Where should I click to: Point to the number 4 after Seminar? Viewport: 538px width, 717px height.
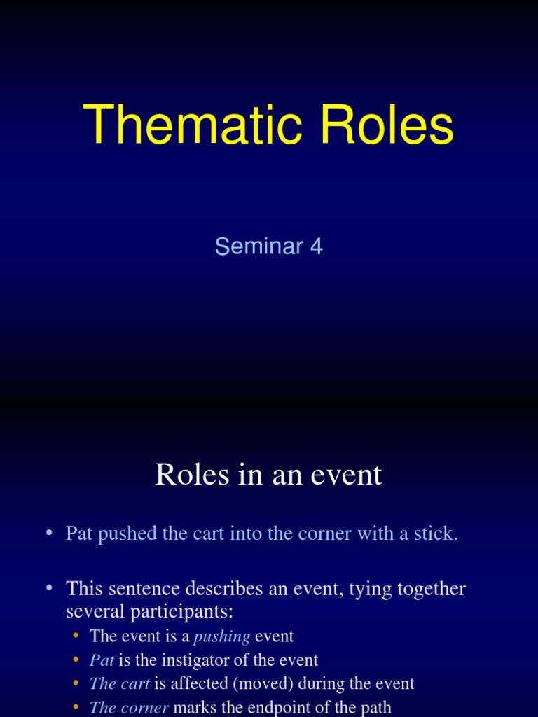316,246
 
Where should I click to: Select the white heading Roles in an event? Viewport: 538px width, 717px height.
268,475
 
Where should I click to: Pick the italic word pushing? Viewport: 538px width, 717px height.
221,636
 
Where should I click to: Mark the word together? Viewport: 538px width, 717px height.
432,589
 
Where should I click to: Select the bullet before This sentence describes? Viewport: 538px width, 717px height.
49,589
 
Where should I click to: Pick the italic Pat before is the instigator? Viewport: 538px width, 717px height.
102,660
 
